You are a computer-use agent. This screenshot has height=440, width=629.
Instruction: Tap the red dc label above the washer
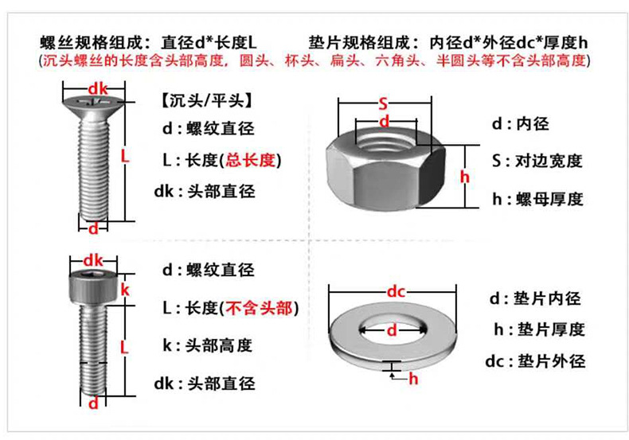click(396, 291)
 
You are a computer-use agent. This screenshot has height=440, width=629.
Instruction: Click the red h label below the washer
click(413, 379)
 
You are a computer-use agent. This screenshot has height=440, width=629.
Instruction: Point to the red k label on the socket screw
click(124, 288)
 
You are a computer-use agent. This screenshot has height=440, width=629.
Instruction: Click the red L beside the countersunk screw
click(124, 157)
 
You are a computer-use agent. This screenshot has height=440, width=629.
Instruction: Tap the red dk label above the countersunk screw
click(97, 88)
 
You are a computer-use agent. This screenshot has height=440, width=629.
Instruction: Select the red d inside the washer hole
click(391, 329)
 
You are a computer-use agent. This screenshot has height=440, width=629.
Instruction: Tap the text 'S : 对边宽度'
click(537, 161)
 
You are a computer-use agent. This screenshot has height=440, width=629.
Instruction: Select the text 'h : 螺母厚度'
click(537, 199)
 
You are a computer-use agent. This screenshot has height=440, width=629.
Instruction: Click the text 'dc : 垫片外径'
click(535, 361)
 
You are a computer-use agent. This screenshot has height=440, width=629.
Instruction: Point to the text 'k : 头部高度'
click(207, 345)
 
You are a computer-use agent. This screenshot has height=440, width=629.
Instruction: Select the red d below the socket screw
click(93, 403)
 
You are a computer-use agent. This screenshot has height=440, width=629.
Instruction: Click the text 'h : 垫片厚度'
click(537, 329)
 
